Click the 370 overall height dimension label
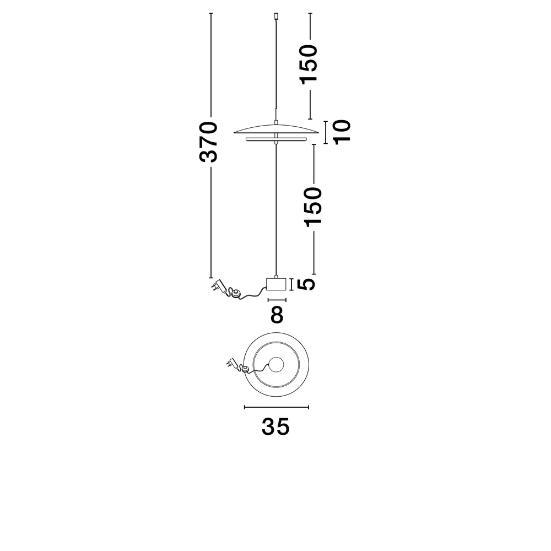208,142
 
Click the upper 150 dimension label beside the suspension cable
309,64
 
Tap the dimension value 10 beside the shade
342,132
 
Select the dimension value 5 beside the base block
306,284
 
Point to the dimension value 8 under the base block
277,315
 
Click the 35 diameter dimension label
275,426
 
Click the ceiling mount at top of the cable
276,16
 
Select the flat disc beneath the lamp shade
276,139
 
